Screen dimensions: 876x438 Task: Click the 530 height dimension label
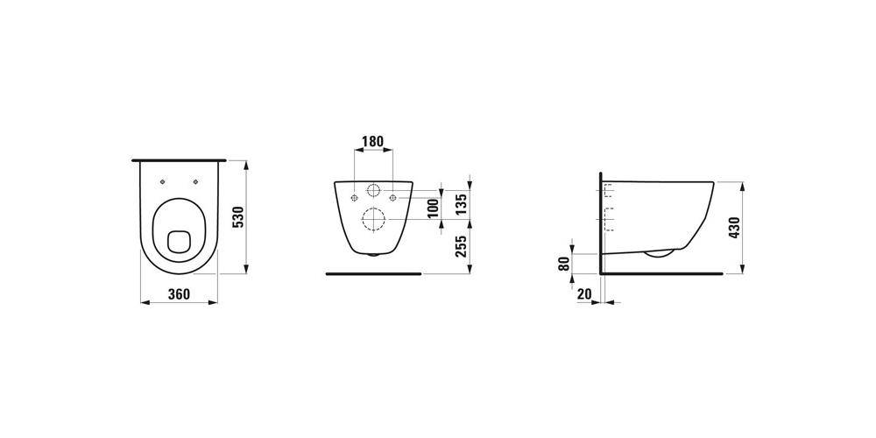coord(238,216)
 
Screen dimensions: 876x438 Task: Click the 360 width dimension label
coord(179,294)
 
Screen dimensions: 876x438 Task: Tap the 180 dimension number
coord(373,141)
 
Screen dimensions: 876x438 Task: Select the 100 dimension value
coord(433,208)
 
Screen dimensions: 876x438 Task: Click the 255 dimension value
coord(461,246)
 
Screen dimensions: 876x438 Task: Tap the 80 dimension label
coord(565,263)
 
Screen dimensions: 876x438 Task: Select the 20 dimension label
coord(584,294)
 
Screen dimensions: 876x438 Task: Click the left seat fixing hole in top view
coord(163,181)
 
